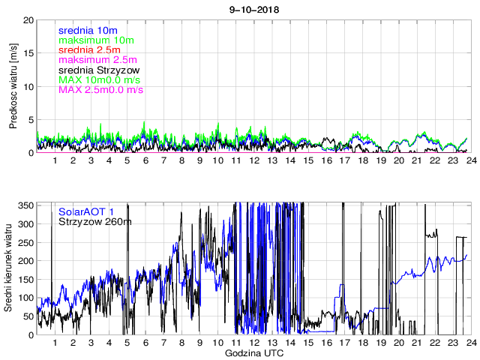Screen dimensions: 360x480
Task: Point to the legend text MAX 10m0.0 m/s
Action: coord(100,79)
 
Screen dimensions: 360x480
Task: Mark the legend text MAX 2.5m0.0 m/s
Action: coord(100,90)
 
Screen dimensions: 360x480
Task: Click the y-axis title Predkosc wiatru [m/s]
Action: coord(13,85)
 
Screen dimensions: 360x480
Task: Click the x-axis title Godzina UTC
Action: coord(253,352)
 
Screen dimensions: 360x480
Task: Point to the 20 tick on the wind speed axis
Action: coord(28,19)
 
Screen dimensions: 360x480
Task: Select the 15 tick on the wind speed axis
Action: coord(28,53)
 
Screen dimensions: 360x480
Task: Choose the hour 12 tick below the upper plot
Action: coord(253,160)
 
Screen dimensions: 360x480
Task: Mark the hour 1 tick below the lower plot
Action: coord(55,343)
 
